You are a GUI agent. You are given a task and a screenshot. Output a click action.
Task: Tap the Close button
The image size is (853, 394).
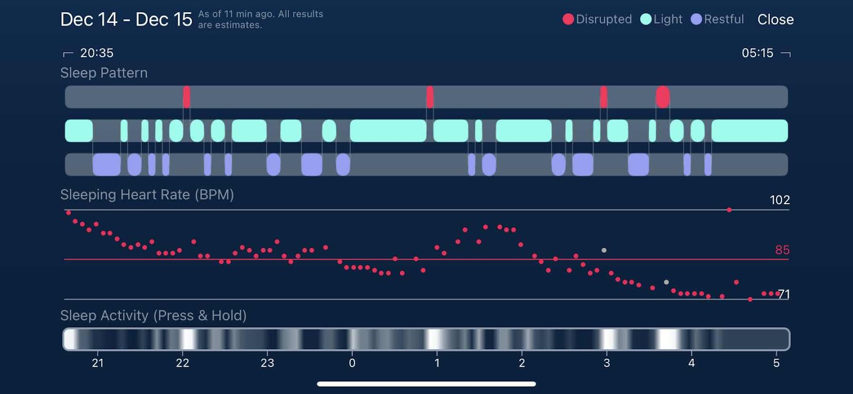[x=775, y=20]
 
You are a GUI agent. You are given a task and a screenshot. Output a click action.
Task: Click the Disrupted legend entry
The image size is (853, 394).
[x=597, y=19]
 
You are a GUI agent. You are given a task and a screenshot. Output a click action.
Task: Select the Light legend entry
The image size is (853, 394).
[x=661, y=19]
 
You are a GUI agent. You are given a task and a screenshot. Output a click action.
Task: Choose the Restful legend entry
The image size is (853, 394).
[x=717, y=19]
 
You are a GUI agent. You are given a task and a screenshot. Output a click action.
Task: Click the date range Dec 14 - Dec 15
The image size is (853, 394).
[x=126, y=20]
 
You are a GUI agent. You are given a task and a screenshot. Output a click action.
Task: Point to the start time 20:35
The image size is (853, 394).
[x=96, y=53]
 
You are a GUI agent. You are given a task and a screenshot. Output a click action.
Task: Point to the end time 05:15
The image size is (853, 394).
[x=757, y=53]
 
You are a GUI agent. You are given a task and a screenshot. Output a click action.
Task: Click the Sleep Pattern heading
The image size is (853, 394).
[x=104, y=73]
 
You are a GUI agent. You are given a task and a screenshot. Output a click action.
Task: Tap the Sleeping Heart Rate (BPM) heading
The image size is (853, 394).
[x=147, y=195]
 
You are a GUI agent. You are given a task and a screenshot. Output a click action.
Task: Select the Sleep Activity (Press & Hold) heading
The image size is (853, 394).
[x=153, y=316]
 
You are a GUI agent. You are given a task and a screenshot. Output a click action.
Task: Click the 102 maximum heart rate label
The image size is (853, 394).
[x=779, y=200]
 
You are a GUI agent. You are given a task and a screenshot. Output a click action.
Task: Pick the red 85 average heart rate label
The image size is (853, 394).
[x=782, y=250]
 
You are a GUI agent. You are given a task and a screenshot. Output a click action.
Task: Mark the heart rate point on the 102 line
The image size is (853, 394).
[x=729, y=210]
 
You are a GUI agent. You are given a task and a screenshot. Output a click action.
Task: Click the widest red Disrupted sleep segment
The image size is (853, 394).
[x=663, y=97]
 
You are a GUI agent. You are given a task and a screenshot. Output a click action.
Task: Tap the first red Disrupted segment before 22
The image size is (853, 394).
[x=187, y=97]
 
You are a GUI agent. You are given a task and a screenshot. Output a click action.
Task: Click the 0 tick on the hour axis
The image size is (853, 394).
[x=352, y=363]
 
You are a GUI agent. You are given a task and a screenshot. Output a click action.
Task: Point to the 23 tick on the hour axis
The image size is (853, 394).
[x=267, y=363]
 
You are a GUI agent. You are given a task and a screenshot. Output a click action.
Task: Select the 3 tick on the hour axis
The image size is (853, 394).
[x=607, y=363]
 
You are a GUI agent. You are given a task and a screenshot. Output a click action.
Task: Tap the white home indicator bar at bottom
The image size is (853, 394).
[x=426, y=384]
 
